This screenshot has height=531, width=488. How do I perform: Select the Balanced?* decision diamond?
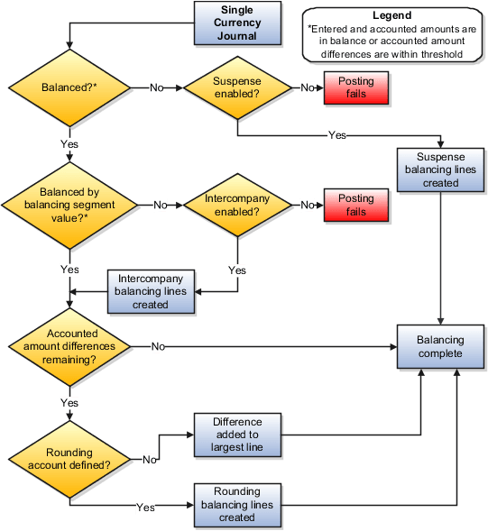click(69, 88)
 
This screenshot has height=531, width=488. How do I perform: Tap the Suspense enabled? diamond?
click(236, 88)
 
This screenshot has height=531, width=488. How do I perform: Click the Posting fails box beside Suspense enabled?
click(356, 88)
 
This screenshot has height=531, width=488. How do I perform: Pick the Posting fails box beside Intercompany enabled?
click(356, 205)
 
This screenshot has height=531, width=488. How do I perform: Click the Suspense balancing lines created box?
click(438, 169)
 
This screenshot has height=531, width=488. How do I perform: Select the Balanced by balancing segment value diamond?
click(69, 205)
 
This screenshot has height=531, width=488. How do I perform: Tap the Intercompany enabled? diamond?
click(236, 205)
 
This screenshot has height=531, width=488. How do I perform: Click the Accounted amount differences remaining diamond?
click(69, 346)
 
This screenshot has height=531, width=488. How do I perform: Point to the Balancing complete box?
click(440, 346)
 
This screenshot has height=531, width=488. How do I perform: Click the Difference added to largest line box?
click(237, 434)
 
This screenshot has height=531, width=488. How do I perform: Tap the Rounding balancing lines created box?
click(237, 504)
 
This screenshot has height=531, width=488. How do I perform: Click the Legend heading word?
click(391, 15)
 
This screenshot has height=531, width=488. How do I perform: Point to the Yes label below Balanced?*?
click(69, 142)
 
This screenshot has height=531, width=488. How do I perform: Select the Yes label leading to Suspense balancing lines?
click(336, 135)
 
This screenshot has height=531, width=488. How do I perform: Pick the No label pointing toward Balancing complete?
click(158, 346)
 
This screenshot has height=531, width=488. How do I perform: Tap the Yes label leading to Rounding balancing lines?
click(144, 508)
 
